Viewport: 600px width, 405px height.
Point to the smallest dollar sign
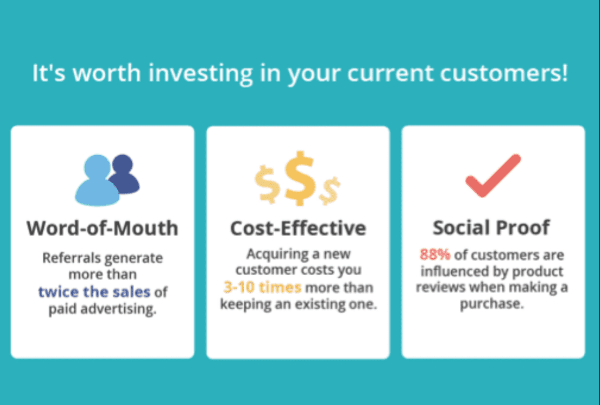[x=329, y=191]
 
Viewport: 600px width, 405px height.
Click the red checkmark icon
[x=493, y=176]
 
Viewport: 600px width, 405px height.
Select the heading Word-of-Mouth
[x=103, y=228]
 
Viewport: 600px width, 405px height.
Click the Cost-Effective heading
[x=298, y=228]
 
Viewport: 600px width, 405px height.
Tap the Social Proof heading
[x=492, y=228]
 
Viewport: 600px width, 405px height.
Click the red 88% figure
[x=435, y=254]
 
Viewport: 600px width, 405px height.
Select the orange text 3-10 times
[x=262, y=287]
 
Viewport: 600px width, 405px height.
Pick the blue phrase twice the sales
[x=94, y=292]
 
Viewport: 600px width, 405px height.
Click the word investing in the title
[x=200, y=73]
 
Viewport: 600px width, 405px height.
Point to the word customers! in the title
[x=504, y=73]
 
